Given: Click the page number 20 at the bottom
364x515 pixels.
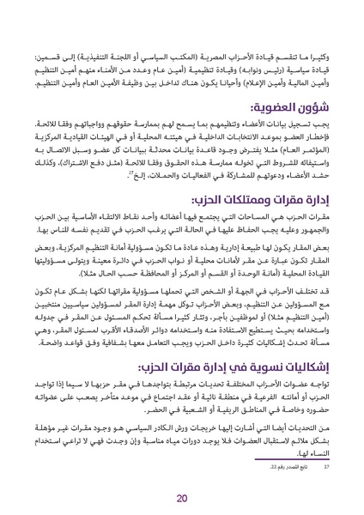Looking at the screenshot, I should coord(181,499).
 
